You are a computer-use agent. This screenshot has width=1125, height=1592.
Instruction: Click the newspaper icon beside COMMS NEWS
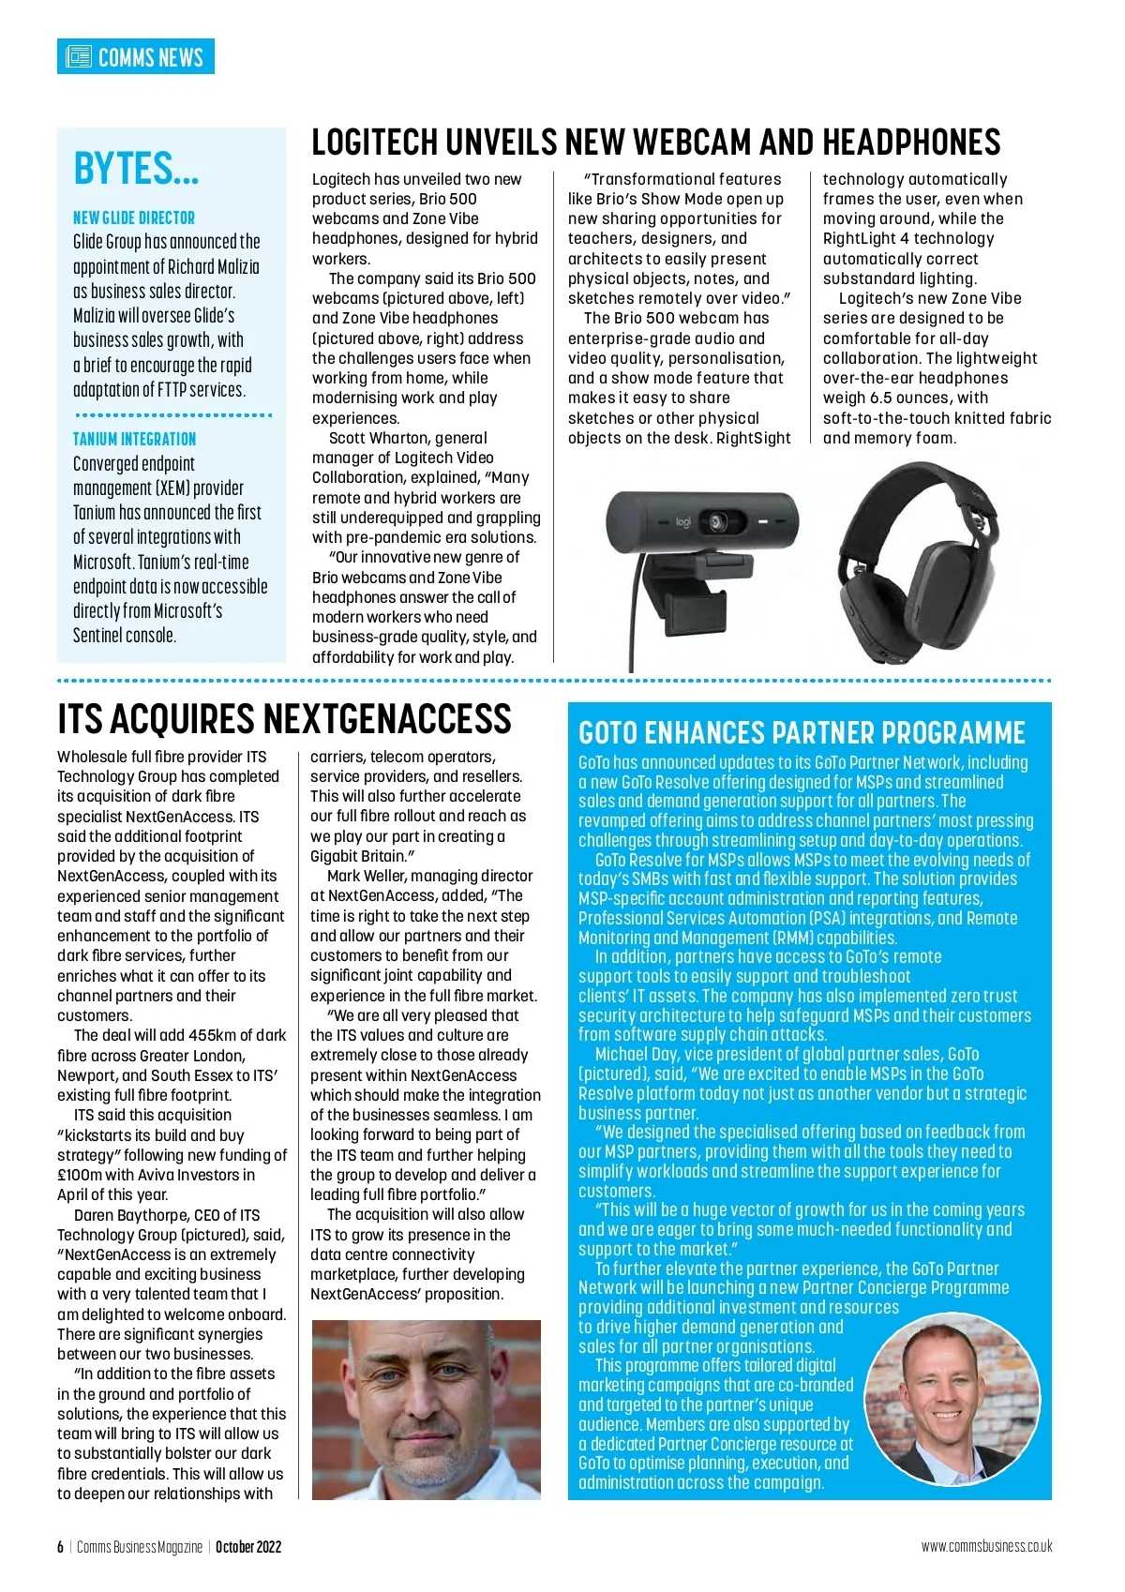tap(79, 56)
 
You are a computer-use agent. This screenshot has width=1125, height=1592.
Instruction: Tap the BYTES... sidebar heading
tap(136, 170)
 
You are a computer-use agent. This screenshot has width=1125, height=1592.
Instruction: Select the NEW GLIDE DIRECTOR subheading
tap(134, 218)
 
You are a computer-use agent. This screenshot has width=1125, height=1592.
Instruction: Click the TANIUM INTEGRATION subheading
tap(135, 439)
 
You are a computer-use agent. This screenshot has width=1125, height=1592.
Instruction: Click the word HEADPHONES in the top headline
tap(911, 143)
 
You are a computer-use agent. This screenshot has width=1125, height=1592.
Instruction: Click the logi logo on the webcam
tap(682, 520)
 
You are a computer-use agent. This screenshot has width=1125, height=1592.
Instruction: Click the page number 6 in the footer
tap(60, 1547)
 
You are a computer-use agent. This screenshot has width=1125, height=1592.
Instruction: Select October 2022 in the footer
tap(248, 1547)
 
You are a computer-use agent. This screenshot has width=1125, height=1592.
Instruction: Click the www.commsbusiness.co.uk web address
tap(986, 1547)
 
